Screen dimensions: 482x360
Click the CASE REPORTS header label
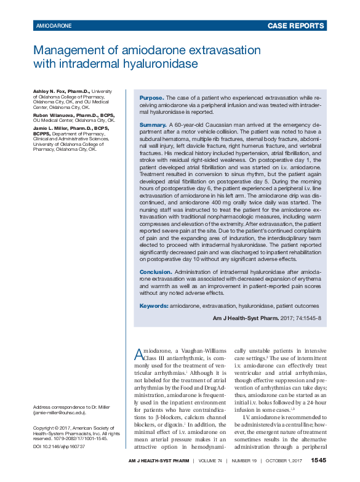click(296, 26)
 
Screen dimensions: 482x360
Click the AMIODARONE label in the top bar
click(54, 26)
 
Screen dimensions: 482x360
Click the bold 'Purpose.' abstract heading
click(152, 98)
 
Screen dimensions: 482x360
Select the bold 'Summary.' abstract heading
click(153, 125)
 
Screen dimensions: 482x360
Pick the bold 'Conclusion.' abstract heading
click(156, 271)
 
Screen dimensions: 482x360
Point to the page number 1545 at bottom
click(318, 460)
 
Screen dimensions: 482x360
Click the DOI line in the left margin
click(59, 446)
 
